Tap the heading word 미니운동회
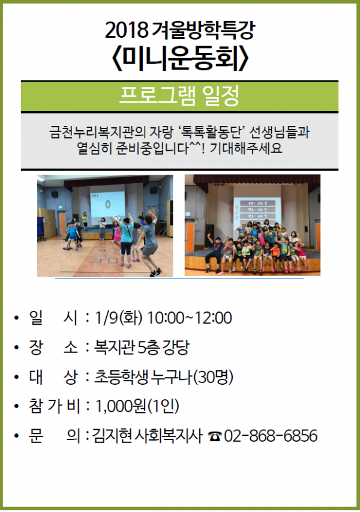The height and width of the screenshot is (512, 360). tap(180, 59)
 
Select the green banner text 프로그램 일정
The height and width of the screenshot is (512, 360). tap(179, 95)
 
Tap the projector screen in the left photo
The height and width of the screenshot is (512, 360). tap(107, 203)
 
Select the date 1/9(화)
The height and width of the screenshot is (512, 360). tap(119, 318)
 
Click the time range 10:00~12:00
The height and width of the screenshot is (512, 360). tap(190, 318)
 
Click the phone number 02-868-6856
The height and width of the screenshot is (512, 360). tap(271, 436)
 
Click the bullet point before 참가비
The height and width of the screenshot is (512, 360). tap(17, 407)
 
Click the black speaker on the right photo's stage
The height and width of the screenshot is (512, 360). tap(209, 235)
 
